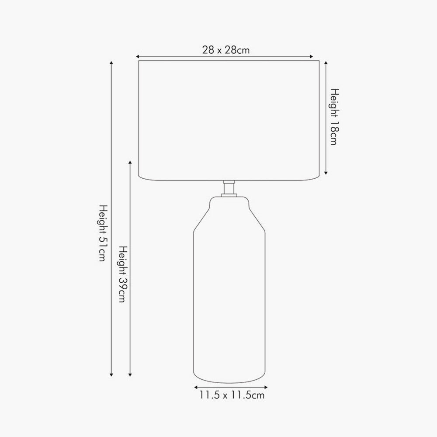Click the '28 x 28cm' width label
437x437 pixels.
pos(226,50)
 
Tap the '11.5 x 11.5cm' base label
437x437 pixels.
pos(232,395)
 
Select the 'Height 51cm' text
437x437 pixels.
pos(103,233)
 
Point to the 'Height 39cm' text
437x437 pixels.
pos(123,274)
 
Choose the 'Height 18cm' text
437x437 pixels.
pos(335,117)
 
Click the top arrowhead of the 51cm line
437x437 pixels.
pos(111,62)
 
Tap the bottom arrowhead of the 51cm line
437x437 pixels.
pos(111,375)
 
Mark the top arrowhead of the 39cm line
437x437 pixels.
pos(130,163)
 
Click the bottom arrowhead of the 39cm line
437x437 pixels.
pos(130,375)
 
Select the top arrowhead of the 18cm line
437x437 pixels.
pos(326,62)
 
